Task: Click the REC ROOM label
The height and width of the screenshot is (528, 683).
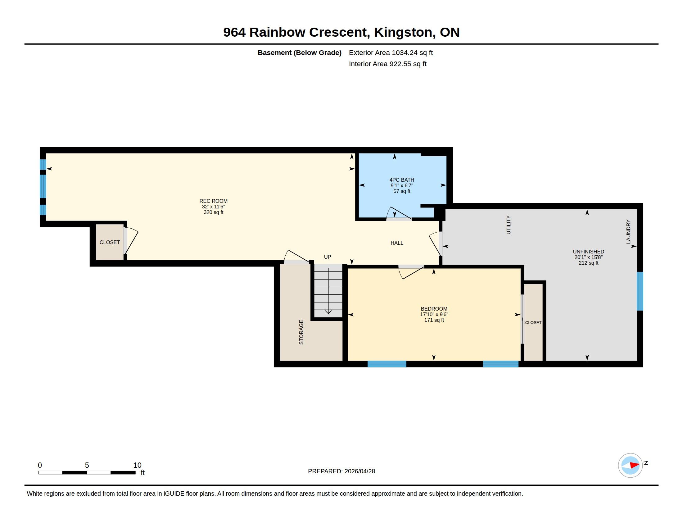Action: pos(213,201)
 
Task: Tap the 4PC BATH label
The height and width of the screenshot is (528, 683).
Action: pos(401,180)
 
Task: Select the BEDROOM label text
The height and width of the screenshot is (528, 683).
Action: pos(434,309)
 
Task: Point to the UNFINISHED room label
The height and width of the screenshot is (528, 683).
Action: pos(588,252)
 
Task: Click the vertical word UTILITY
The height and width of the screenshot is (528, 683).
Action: pos(508,225)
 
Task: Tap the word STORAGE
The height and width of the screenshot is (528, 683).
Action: pos(301,332)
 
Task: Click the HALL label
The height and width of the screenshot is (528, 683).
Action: pos(396,243)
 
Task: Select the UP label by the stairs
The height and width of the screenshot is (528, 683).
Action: pos(328,257)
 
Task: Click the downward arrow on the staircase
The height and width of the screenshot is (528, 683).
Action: pos(328,291)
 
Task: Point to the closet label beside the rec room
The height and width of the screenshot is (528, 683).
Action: pos(110,243)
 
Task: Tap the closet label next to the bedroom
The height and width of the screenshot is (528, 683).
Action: pos(533,322)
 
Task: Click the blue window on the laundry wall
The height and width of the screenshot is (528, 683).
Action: pos(640,291)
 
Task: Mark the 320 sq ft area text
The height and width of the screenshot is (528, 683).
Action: pos(213,212)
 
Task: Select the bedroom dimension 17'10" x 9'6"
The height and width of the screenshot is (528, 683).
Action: pos(434,314)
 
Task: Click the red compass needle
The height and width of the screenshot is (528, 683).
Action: pos(634,465)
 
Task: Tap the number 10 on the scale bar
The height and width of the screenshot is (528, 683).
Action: pos(137,465)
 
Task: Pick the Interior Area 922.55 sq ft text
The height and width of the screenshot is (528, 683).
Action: pos(387,64)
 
